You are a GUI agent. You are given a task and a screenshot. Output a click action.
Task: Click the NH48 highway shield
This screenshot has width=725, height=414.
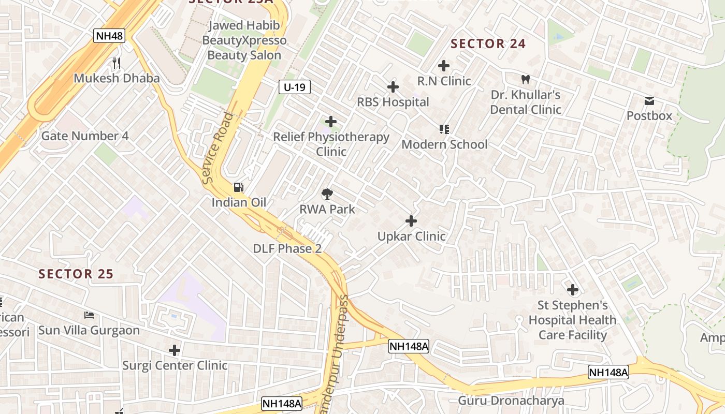[109, 36]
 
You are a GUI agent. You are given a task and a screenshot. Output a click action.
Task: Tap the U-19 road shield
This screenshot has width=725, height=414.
[294, 87]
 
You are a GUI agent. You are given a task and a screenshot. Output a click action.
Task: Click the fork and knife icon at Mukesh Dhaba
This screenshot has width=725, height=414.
[117, 63]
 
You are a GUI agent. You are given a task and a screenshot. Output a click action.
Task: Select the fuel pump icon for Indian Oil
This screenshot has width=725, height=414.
[238, 187]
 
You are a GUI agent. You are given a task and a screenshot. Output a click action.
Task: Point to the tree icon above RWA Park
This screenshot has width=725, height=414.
[327, 195]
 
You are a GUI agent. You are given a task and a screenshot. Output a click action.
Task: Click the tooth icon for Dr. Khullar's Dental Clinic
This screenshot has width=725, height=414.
[525, 80]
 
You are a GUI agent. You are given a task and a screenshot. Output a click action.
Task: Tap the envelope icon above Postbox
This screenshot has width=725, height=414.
[649, 101]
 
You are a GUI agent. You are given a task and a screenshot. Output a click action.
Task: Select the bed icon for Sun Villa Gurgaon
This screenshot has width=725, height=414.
[89, 315]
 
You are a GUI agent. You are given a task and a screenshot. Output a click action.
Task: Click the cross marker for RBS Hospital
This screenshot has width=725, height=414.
[393, 87]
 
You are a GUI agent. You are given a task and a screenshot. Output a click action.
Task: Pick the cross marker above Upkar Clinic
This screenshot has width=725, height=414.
[411, 221]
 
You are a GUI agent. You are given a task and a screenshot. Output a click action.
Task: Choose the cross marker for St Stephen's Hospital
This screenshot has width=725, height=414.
[573, 289]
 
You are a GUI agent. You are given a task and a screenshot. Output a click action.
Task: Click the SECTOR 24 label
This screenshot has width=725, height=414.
[488, 44]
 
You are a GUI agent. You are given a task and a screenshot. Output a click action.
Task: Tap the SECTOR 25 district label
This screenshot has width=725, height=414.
[76, 274]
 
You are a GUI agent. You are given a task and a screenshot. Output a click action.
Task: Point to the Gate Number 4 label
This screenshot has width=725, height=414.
[85, 136]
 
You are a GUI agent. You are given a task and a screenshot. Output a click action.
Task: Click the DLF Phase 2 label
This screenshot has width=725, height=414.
[287, 248]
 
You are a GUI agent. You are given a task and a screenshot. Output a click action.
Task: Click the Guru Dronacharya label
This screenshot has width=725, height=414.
[511, 401]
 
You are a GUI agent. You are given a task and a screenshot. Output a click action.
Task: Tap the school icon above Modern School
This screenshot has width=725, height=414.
[444, 129]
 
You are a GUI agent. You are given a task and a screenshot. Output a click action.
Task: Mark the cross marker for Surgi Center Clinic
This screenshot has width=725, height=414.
[175, 350]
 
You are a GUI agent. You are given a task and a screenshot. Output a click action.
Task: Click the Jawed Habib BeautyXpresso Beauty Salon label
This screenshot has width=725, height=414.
[244, 40]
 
